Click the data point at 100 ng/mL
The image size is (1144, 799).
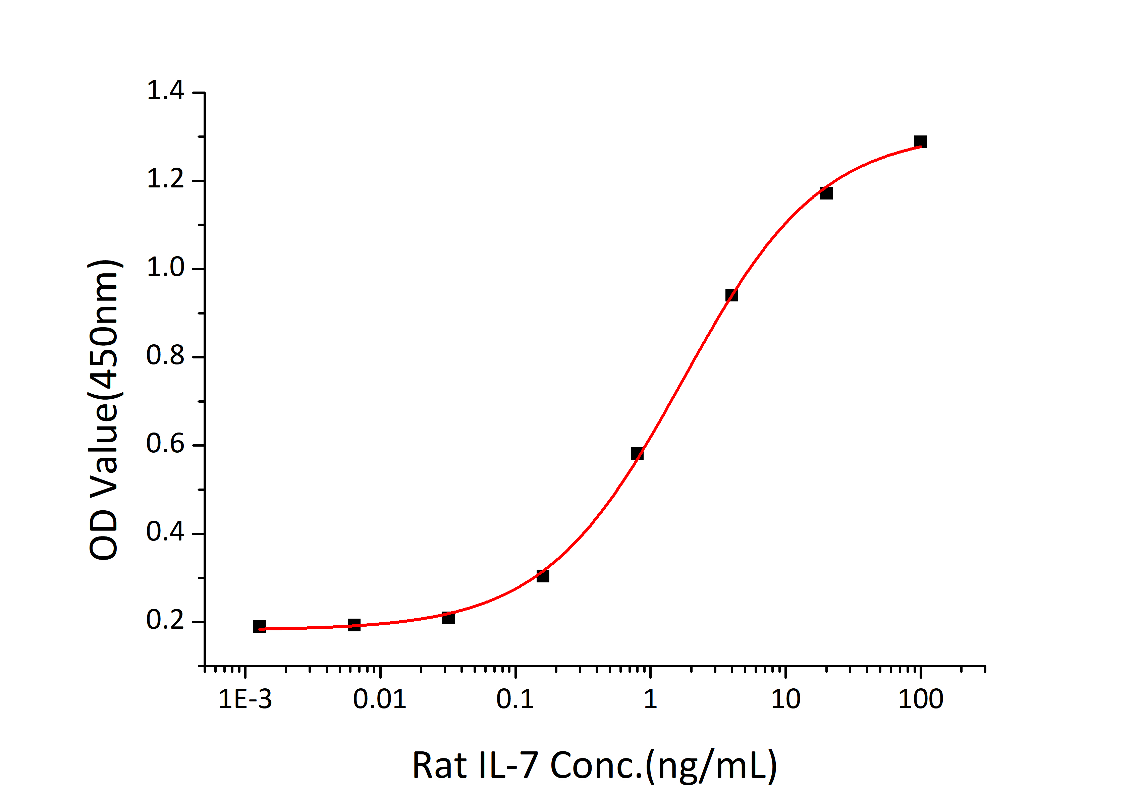(920, 142)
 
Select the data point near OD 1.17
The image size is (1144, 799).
(826, 193)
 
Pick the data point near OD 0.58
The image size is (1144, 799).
(637, 453)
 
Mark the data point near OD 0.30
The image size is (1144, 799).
(543, 576)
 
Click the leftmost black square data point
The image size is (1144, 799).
(259, 626)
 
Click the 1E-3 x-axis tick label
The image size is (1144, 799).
(245, 699)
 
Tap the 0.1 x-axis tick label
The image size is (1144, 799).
(515, 699)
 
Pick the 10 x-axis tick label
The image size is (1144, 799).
(785, 699)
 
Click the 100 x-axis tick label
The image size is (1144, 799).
(920, 699)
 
